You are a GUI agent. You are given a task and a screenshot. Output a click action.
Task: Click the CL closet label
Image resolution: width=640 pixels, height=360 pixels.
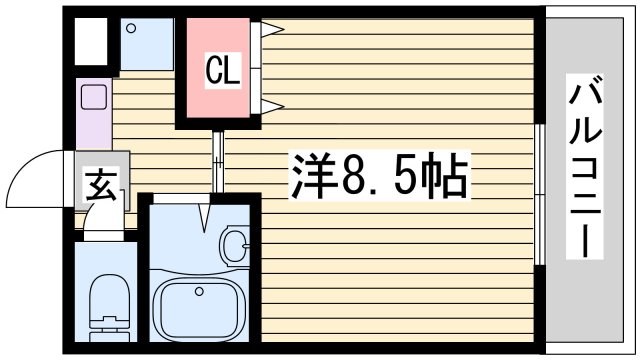[222, 70]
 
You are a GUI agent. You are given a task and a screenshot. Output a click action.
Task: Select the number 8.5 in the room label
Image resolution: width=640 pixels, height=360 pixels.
[378, 177]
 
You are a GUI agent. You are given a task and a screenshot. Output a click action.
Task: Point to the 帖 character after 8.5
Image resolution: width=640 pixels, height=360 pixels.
[445, 177]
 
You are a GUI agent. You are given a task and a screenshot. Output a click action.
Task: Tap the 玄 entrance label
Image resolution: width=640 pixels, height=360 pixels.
[98, 186]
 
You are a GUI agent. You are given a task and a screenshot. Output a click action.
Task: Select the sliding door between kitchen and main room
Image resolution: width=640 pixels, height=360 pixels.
[215, 160]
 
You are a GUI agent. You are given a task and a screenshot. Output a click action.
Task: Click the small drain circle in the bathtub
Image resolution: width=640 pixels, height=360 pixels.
[199, 292]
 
